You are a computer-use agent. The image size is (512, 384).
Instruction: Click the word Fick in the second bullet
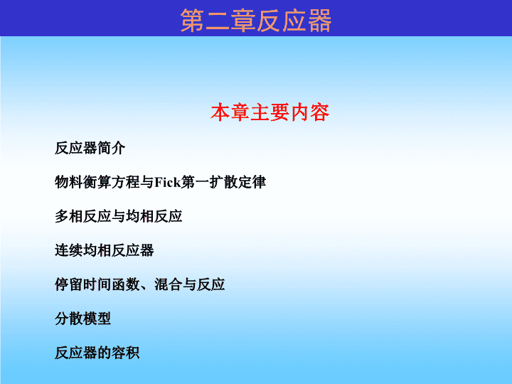(x=168, y=182)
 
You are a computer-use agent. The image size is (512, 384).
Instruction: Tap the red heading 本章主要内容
(x=270, y=112)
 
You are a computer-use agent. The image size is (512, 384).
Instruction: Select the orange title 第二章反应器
(x=256, y=20)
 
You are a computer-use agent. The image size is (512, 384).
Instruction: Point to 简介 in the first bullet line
(x=112, y=148)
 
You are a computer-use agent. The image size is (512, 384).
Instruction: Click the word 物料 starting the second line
(x=68, y=182)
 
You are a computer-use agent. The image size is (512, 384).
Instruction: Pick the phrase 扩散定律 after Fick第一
(x=238, y=182)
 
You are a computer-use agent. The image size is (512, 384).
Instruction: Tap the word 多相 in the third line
(x=68, y=216)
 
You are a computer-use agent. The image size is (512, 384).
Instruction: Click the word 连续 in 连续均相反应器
(x=68, y=250)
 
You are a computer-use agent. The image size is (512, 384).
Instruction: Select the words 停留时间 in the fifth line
(x=82, y=284)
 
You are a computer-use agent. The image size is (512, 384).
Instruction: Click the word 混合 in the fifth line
(x=168, y=284)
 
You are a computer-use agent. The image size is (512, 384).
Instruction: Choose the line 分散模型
(x=82, y=319)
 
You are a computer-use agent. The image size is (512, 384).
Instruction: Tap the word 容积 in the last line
(x=125, y=353)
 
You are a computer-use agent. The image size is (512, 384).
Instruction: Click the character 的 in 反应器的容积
(x=104, y=353)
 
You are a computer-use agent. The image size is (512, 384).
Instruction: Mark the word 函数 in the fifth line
(x=125, y=284)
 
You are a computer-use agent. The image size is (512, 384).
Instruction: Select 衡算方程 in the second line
(x=111, y=182)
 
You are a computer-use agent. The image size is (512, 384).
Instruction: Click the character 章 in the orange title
(x=243, y=20)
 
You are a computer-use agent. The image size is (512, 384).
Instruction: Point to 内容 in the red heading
(x=309, y=112)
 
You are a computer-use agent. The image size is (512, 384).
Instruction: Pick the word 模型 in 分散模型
(x=97, y=319)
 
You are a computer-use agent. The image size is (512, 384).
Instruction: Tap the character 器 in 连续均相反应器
(x=146, y=250)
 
